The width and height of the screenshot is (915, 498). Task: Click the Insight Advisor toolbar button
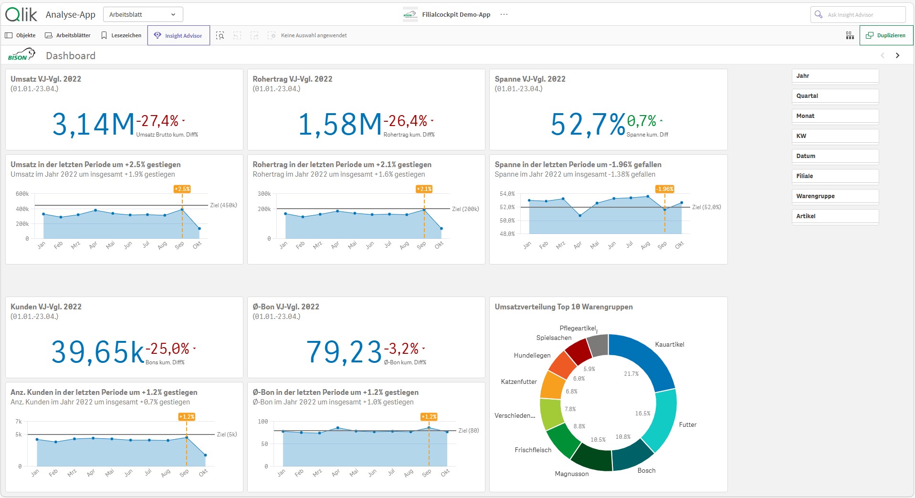point(179,35)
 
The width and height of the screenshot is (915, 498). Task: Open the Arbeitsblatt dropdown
point(143,14)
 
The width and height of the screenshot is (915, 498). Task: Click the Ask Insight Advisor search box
point(858,15)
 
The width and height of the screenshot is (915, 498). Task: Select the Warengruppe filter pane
point(835,196)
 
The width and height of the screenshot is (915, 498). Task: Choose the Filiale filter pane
point(835,176)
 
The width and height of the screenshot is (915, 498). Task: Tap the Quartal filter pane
point(835,96)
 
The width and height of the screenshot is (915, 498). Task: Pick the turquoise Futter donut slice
point(661,420)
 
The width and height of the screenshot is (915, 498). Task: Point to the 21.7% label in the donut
point(631,374)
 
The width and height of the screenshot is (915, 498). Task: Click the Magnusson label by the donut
point(572,474)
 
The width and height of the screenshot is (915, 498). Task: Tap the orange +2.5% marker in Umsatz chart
point(182,189)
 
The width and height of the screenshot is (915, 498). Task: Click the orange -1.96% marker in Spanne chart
point(664,189)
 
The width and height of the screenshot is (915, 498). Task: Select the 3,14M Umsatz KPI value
point(94,124)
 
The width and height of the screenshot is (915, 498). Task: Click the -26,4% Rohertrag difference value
point(405,121)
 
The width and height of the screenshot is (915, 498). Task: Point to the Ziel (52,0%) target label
point(706,207)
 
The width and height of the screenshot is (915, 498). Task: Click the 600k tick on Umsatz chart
point(22,194)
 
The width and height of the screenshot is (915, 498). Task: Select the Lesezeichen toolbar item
point(121,35)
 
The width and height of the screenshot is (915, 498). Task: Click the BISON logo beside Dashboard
point(21,55)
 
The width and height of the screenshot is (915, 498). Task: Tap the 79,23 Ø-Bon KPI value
point(344,352)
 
